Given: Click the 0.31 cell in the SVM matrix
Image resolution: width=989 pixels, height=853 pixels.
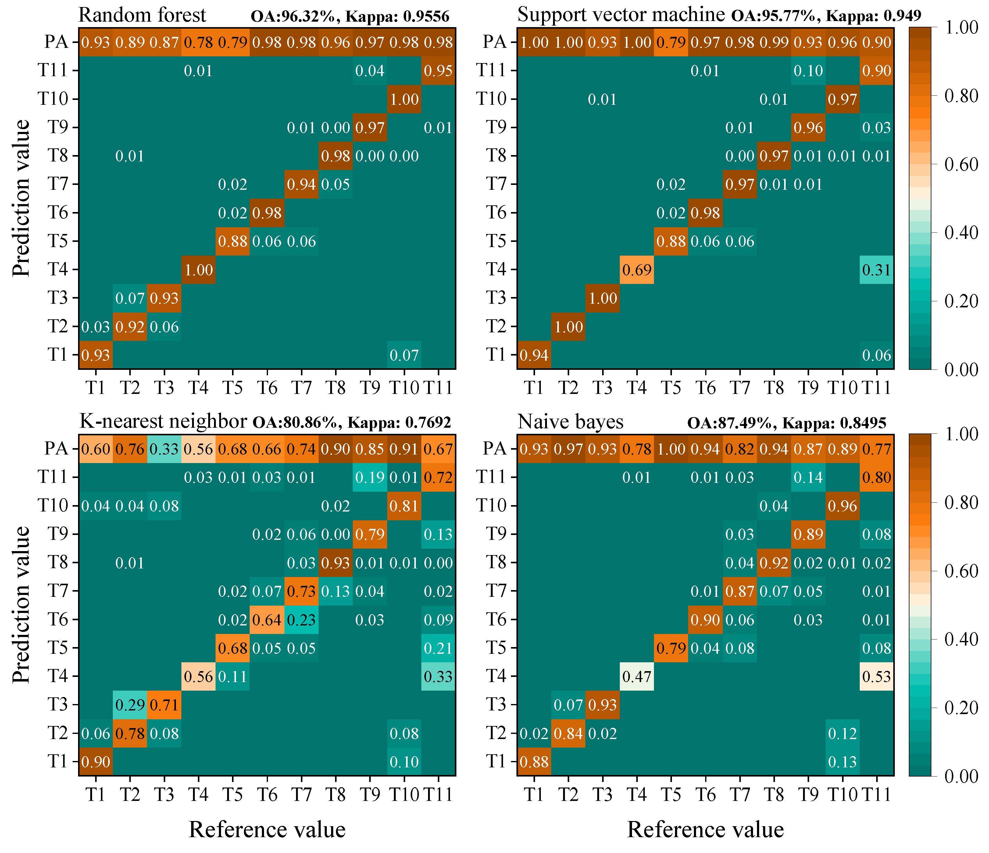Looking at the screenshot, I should (877, 270).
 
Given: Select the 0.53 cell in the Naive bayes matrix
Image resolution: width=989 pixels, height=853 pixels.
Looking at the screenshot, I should (877, 677).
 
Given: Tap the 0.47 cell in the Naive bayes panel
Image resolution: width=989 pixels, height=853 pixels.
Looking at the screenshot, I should (637, 677).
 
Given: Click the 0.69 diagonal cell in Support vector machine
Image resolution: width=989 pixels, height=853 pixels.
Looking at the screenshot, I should (637, 270).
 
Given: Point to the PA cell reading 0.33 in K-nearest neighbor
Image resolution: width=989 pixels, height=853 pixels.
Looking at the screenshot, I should (164, 449).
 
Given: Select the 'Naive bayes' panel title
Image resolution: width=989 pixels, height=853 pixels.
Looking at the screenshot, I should (570, 422).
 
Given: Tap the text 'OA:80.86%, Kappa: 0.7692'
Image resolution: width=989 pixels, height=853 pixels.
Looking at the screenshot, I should (351, 423).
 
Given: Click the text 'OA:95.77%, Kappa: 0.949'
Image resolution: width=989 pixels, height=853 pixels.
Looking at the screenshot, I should (826, 16).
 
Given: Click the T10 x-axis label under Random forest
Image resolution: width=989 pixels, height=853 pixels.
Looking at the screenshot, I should (404, 388).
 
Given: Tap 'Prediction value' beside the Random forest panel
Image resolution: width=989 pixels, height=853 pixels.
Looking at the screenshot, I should (21, 198).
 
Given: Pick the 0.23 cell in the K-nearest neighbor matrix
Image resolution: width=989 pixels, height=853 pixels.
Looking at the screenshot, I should (301, 620).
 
